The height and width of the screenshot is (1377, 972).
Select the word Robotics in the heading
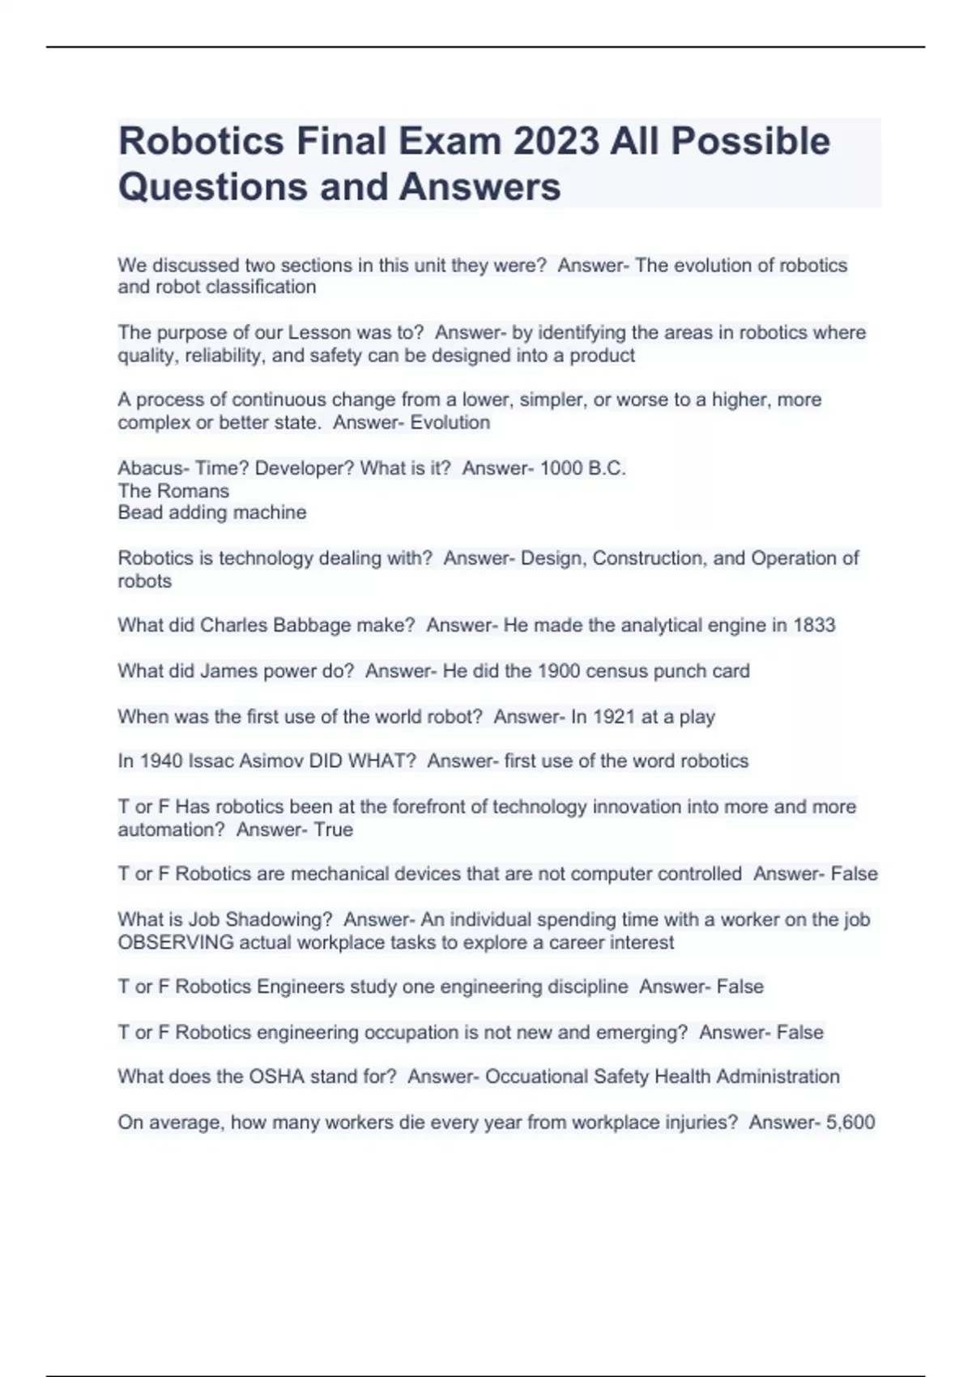pos(201,141)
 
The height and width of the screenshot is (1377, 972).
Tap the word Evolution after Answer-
pos(450,422)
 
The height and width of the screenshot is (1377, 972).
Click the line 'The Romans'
pos(173,491)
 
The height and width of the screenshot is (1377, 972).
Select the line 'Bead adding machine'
pos(212,513)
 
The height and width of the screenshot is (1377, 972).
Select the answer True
pos(334,829)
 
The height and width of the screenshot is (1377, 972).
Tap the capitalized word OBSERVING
pos(176,943)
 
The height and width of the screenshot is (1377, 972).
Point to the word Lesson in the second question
pos(319,333)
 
